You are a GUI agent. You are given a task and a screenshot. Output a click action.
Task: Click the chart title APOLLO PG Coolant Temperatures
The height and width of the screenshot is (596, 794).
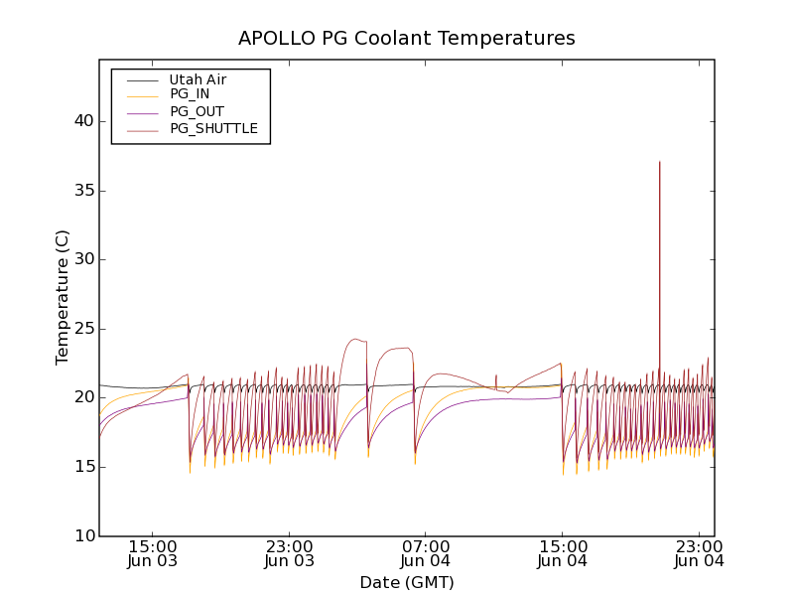pos(406,39)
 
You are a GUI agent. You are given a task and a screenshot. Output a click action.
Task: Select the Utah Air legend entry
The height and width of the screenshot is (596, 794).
pos(198,79)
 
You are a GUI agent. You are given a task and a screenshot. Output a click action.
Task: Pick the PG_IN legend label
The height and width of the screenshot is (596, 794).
pos(190,94)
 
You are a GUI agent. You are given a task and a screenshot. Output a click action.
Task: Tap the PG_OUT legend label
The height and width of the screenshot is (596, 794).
pos(197,111)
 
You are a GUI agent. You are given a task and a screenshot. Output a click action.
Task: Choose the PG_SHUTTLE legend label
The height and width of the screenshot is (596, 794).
pos(213,128)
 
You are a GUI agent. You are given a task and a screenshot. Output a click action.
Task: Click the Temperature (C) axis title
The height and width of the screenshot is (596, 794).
pos(63,297)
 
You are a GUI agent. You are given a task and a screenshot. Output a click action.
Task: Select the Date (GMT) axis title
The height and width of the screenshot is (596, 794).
pos(406,582)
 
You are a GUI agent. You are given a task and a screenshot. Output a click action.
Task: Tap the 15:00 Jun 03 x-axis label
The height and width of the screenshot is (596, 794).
pos(153,553)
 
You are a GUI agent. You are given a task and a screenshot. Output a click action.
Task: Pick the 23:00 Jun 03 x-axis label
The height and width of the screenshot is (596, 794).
pos(290,553)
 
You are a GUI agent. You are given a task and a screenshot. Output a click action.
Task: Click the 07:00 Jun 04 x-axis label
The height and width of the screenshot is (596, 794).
pos(426,553)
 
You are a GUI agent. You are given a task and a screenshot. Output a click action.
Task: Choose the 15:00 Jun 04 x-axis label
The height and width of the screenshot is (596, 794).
pos(563,553)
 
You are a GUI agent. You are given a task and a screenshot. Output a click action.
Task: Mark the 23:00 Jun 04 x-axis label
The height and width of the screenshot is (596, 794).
pos(699,553)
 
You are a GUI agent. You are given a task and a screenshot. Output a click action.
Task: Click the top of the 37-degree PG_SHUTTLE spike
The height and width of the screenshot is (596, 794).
pos(659,162)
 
